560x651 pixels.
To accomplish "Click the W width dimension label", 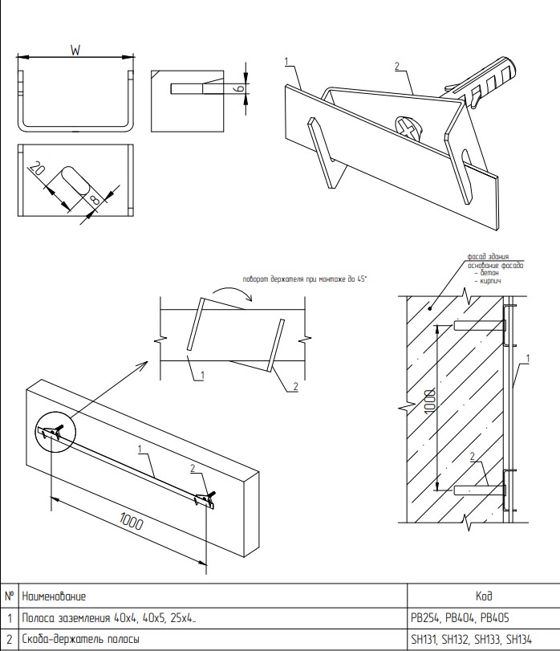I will point(75,50).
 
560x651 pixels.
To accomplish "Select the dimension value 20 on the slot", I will point(35,169).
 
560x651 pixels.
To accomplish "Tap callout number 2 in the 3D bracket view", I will point(396,67).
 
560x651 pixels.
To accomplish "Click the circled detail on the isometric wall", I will point(54,433).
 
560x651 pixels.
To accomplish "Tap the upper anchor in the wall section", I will point(479,326).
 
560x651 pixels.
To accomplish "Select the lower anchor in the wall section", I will point(479,488).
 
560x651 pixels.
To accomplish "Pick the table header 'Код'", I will point(484,596).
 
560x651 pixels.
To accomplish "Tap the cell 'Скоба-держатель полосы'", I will point(81,640).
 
